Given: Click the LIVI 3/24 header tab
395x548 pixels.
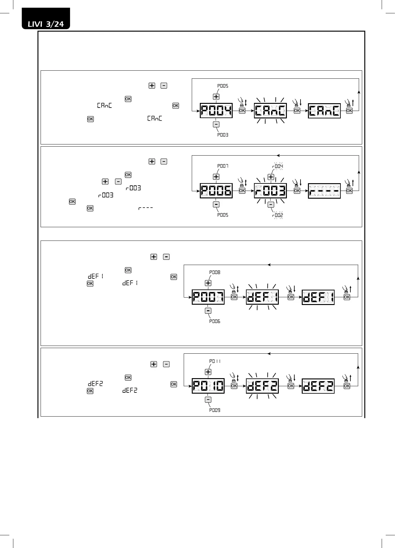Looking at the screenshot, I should (x=46, y=24).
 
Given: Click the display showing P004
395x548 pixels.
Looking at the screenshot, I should (x=216, y=111).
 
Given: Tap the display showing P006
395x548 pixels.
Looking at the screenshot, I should (x=216, y=191).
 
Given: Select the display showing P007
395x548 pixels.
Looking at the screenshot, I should (x=208, y=297).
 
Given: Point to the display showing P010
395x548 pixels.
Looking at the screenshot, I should (x=208, y=386).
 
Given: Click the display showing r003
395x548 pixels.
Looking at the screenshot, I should (x=270, y=191).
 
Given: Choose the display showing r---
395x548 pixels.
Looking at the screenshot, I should (x=324, y=191).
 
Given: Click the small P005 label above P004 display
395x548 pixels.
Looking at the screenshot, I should (x=222, y=86).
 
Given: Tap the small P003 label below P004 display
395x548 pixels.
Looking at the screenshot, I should (x=222, y=135).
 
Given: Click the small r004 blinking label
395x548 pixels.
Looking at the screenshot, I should (x=277, y=166).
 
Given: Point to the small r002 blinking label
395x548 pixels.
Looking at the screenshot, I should (x=277, y=215).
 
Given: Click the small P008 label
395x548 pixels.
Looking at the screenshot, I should (x=215, y=272).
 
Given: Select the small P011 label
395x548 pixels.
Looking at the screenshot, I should (x=215, y=361).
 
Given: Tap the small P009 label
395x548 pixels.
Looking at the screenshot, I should (x=215, y=410).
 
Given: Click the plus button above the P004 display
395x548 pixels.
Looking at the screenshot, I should (x=216, y=97).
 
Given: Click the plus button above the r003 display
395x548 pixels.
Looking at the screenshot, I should (x=271, y=177).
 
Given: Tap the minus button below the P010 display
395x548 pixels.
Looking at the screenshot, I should (x=208, y=400).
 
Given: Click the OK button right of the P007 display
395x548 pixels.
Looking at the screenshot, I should (x=234, y=297).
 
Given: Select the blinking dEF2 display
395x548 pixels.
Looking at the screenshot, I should (x=262, y=386).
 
